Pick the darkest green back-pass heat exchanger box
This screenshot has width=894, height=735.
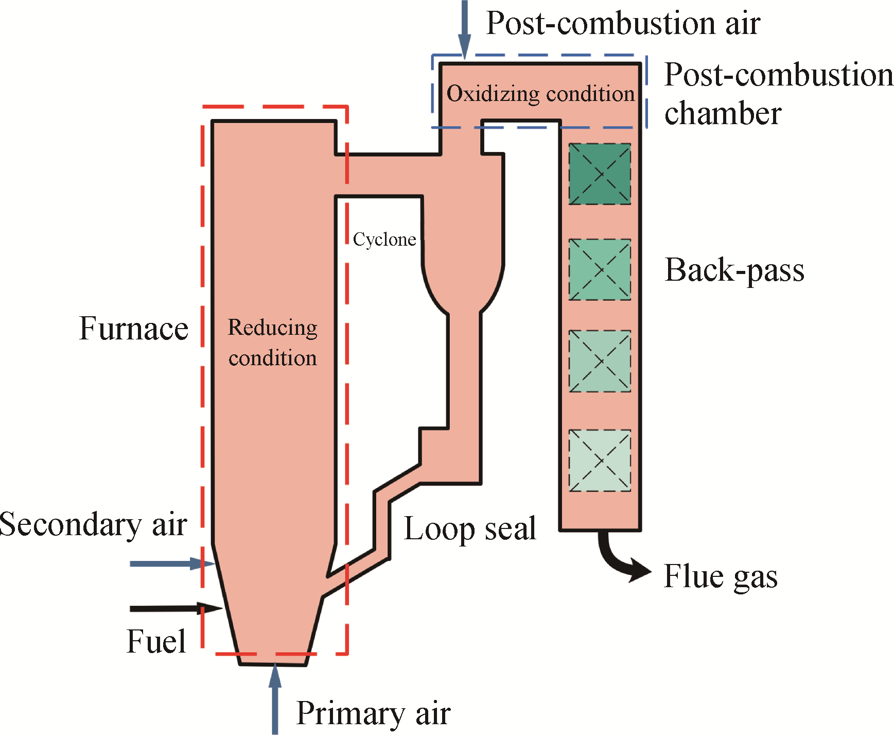(x=600, y=174)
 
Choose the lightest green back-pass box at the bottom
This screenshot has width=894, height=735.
(x=600, y=460)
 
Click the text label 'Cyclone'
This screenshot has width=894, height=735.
(x=384, y=240)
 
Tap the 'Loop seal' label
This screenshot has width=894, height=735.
(x=470, y=529)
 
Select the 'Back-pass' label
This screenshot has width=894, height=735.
(x=734, y=270)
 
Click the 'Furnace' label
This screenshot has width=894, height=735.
(x=134, y=329)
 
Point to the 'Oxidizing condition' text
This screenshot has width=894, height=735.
(x=540, y=94)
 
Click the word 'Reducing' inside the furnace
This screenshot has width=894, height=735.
(x=273, y=328)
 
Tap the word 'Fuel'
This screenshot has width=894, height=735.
(x=156, y=642)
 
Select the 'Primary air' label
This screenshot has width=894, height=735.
(x=373, y=713)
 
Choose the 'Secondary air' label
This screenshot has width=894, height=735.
(x=93, y=524)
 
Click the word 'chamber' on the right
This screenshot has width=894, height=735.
(x=723, y=113)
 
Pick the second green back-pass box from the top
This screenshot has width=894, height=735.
(x=600, y=269)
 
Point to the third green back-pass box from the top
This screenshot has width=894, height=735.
(x=600, y=361)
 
